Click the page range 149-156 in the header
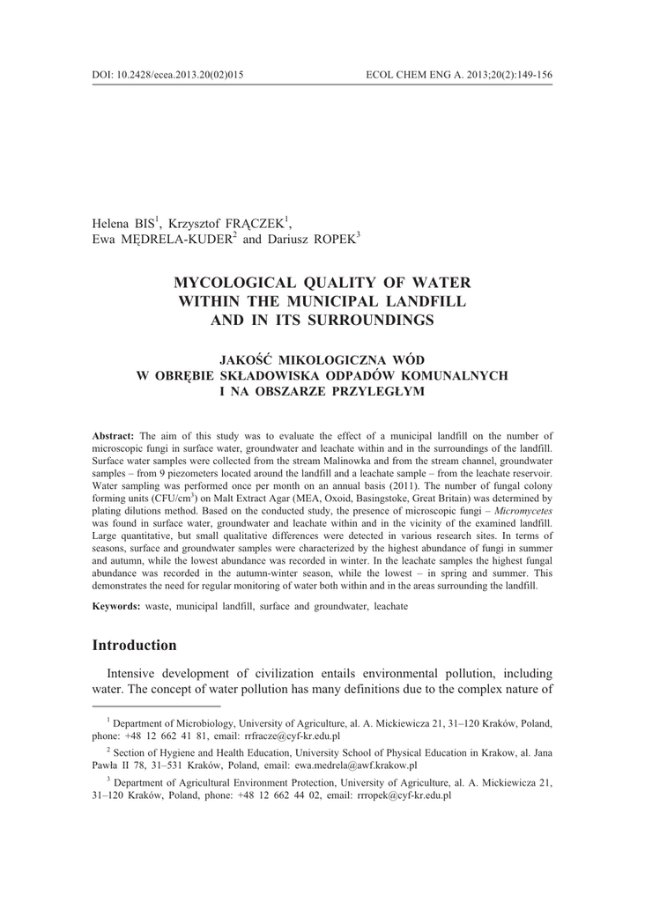(531, 75)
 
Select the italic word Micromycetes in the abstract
(522, 511)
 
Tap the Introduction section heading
(134, 645)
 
